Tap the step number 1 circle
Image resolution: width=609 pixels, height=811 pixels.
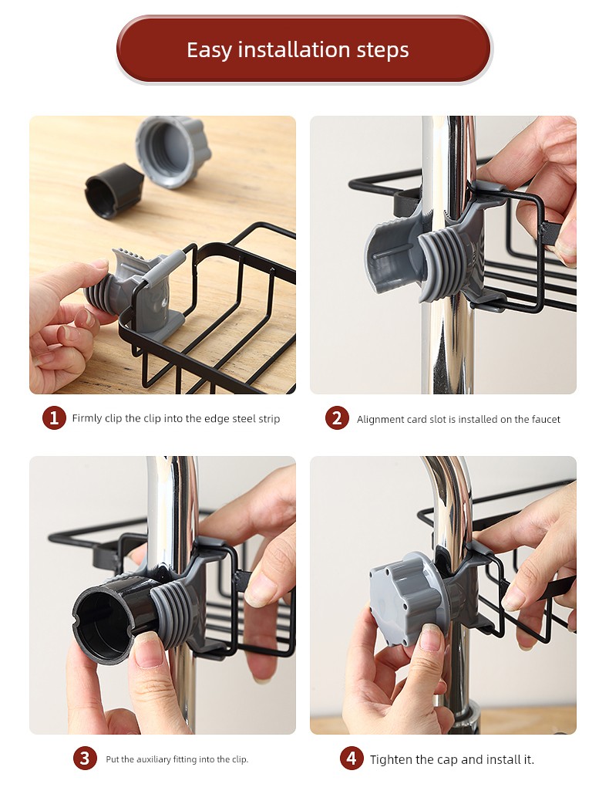click(54, 418)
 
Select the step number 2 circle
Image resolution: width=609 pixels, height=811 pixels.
click(337, 418)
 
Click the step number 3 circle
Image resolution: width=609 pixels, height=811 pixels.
click(85, 759)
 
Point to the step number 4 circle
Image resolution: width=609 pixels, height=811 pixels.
click(352, 759)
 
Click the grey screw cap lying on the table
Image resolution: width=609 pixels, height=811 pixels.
click(173, 151)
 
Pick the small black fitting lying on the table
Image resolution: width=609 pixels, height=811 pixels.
click(113, 191)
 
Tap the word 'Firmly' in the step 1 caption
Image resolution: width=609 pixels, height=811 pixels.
click(87, 418)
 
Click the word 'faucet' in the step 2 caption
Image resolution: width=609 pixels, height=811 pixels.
click(546, 420)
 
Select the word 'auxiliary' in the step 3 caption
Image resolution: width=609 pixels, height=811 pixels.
click(153, 759)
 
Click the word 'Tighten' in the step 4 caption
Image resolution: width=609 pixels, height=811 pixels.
click(391, 759)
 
